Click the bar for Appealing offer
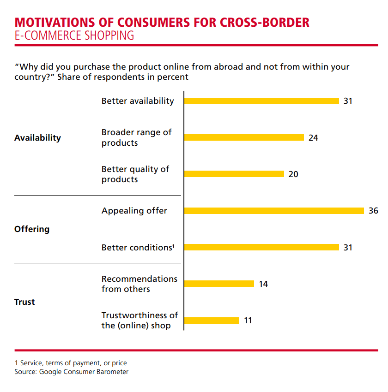[x=274, y=211]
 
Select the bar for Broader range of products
[x=244, y=137]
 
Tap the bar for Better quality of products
[x=234, y=174]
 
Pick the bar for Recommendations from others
[x=219, y=284]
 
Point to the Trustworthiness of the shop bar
[x=212, y=320]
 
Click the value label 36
[x=373, y=211]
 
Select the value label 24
[x=313, y=137]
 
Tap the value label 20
[x=293, y=174]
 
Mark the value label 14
[x=263, y=284]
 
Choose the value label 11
[x=248, y=320]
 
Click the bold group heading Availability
[x=37, y=138]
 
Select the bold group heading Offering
[x=32, y=229]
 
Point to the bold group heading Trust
[x=24, y=302]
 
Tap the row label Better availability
[x=138, y=101]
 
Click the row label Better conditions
[x=138, y=248]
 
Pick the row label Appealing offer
[x=134, y=211]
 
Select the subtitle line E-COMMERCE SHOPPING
[x=74, y=36]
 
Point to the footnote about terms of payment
[x=71, y=363]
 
